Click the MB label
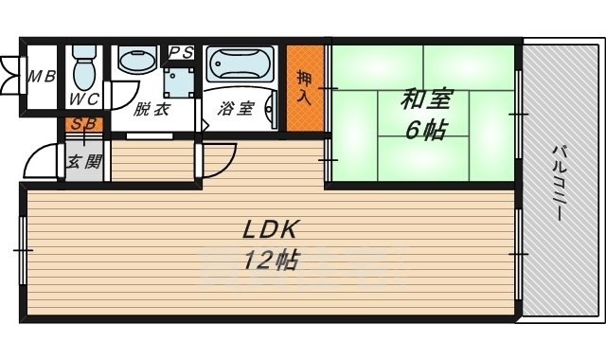point(40,77)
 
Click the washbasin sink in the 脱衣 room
point(137,61)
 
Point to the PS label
point(181,52)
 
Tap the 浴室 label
point(235,108)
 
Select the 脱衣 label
point(151,108)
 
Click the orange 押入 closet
point(302,88)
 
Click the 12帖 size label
point(271,259)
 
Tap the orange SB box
point(80,124)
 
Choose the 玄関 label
point(82,161)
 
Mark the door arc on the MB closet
point(11,76)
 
